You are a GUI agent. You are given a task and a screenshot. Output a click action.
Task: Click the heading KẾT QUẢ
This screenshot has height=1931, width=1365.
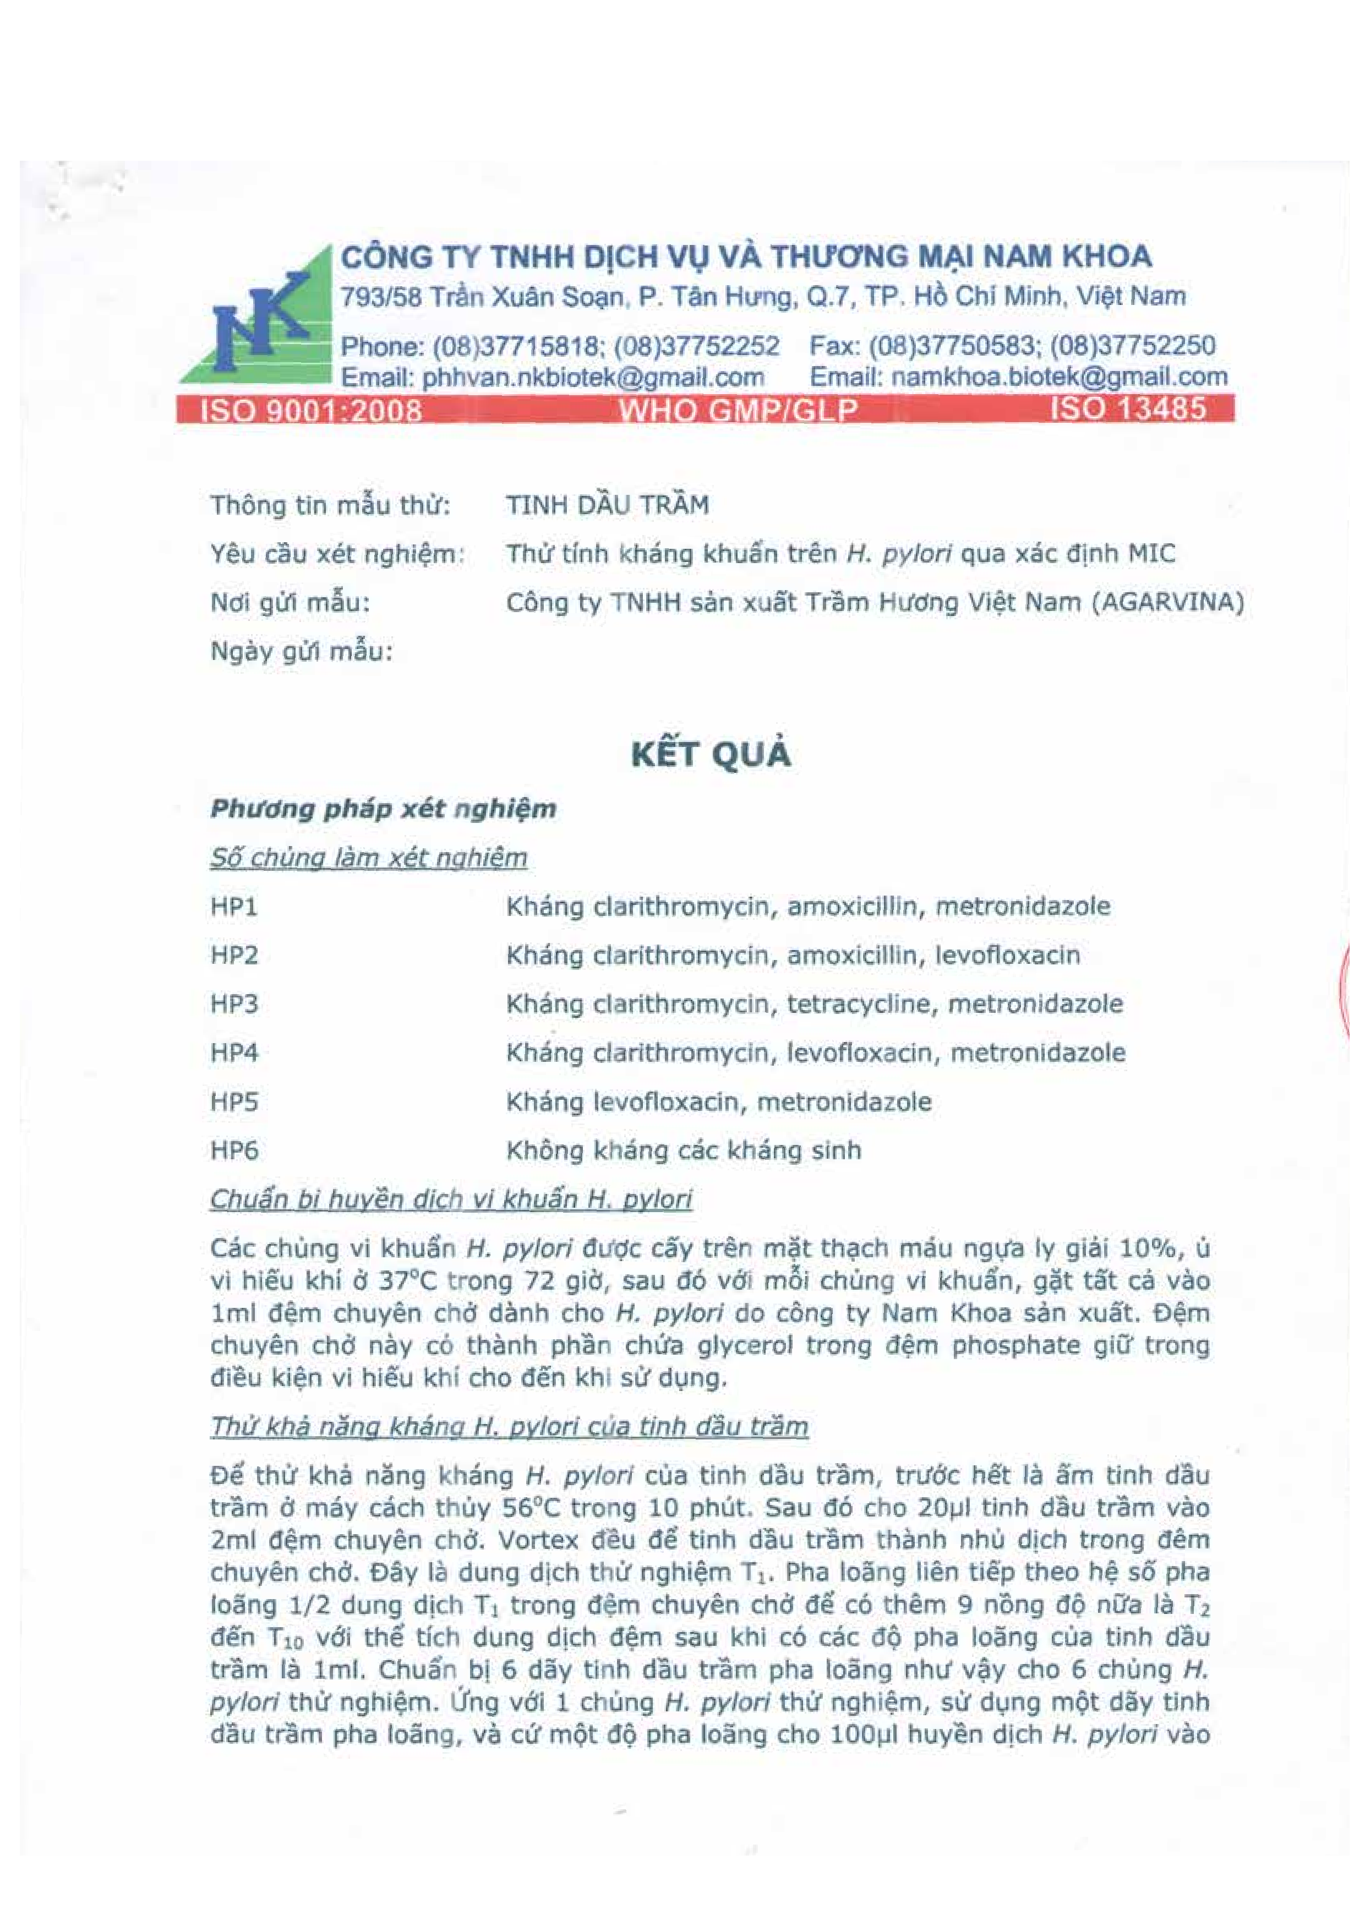point(712,755)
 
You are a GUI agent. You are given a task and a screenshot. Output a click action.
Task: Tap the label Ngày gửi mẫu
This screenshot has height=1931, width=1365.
point(301,652)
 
